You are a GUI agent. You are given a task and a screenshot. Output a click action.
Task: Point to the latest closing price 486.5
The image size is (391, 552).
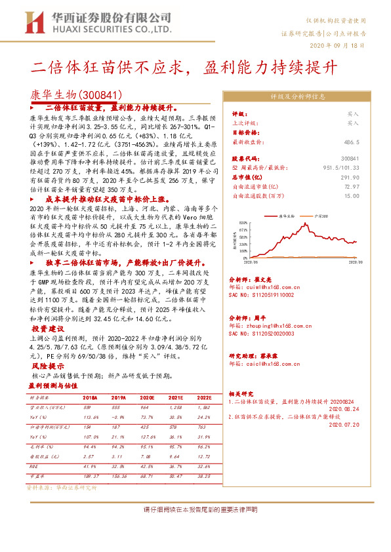[351, 141]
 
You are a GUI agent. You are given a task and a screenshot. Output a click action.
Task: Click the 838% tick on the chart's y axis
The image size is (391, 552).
[243, 223]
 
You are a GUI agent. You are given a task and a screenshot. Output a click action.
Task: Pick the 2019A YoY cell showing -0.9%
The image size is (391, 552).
[119, 416]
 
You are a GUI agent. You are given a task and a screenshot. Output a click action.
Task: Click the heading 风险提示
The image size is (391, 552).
[48, 366]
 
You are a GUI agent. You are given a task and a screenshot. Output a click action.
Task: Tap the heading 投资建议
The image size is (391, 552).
[48, 328]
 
